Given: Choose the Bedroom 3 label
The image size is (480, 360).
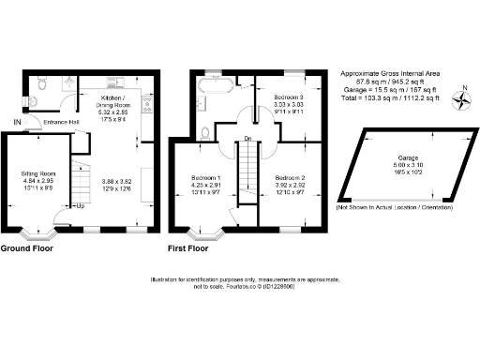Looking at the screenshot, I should tap(289, 97).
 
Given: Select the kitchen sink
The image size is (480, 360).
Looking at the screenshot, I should tap(117, 81).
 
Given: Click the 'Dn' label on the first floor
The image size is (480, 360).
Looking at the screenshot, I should tap(247, 138).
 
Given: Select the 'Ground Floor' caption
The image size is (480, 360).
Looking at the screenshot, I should tap(26, 248).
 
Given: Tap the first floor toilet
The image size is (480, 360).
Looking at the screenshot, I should tap(204, 131).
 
